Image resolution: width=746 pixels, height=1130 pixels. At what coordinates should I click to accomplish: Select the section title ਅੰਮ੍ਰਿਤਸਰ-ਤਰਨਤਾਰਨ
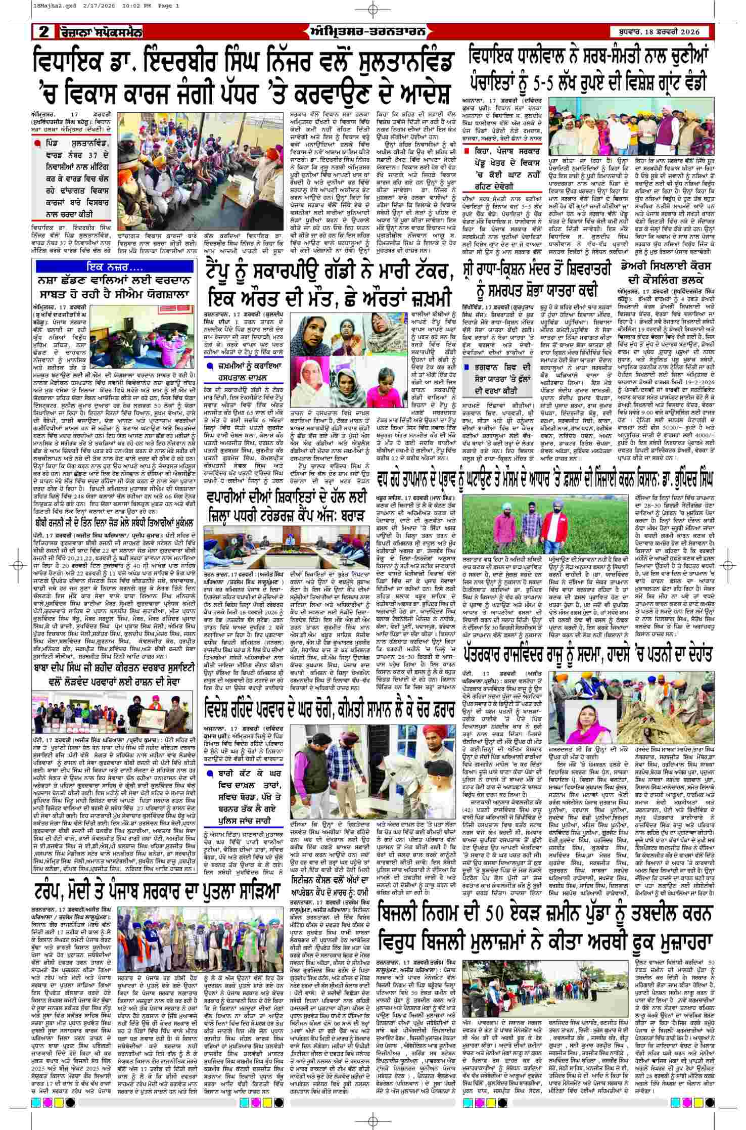coord(372,32)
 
